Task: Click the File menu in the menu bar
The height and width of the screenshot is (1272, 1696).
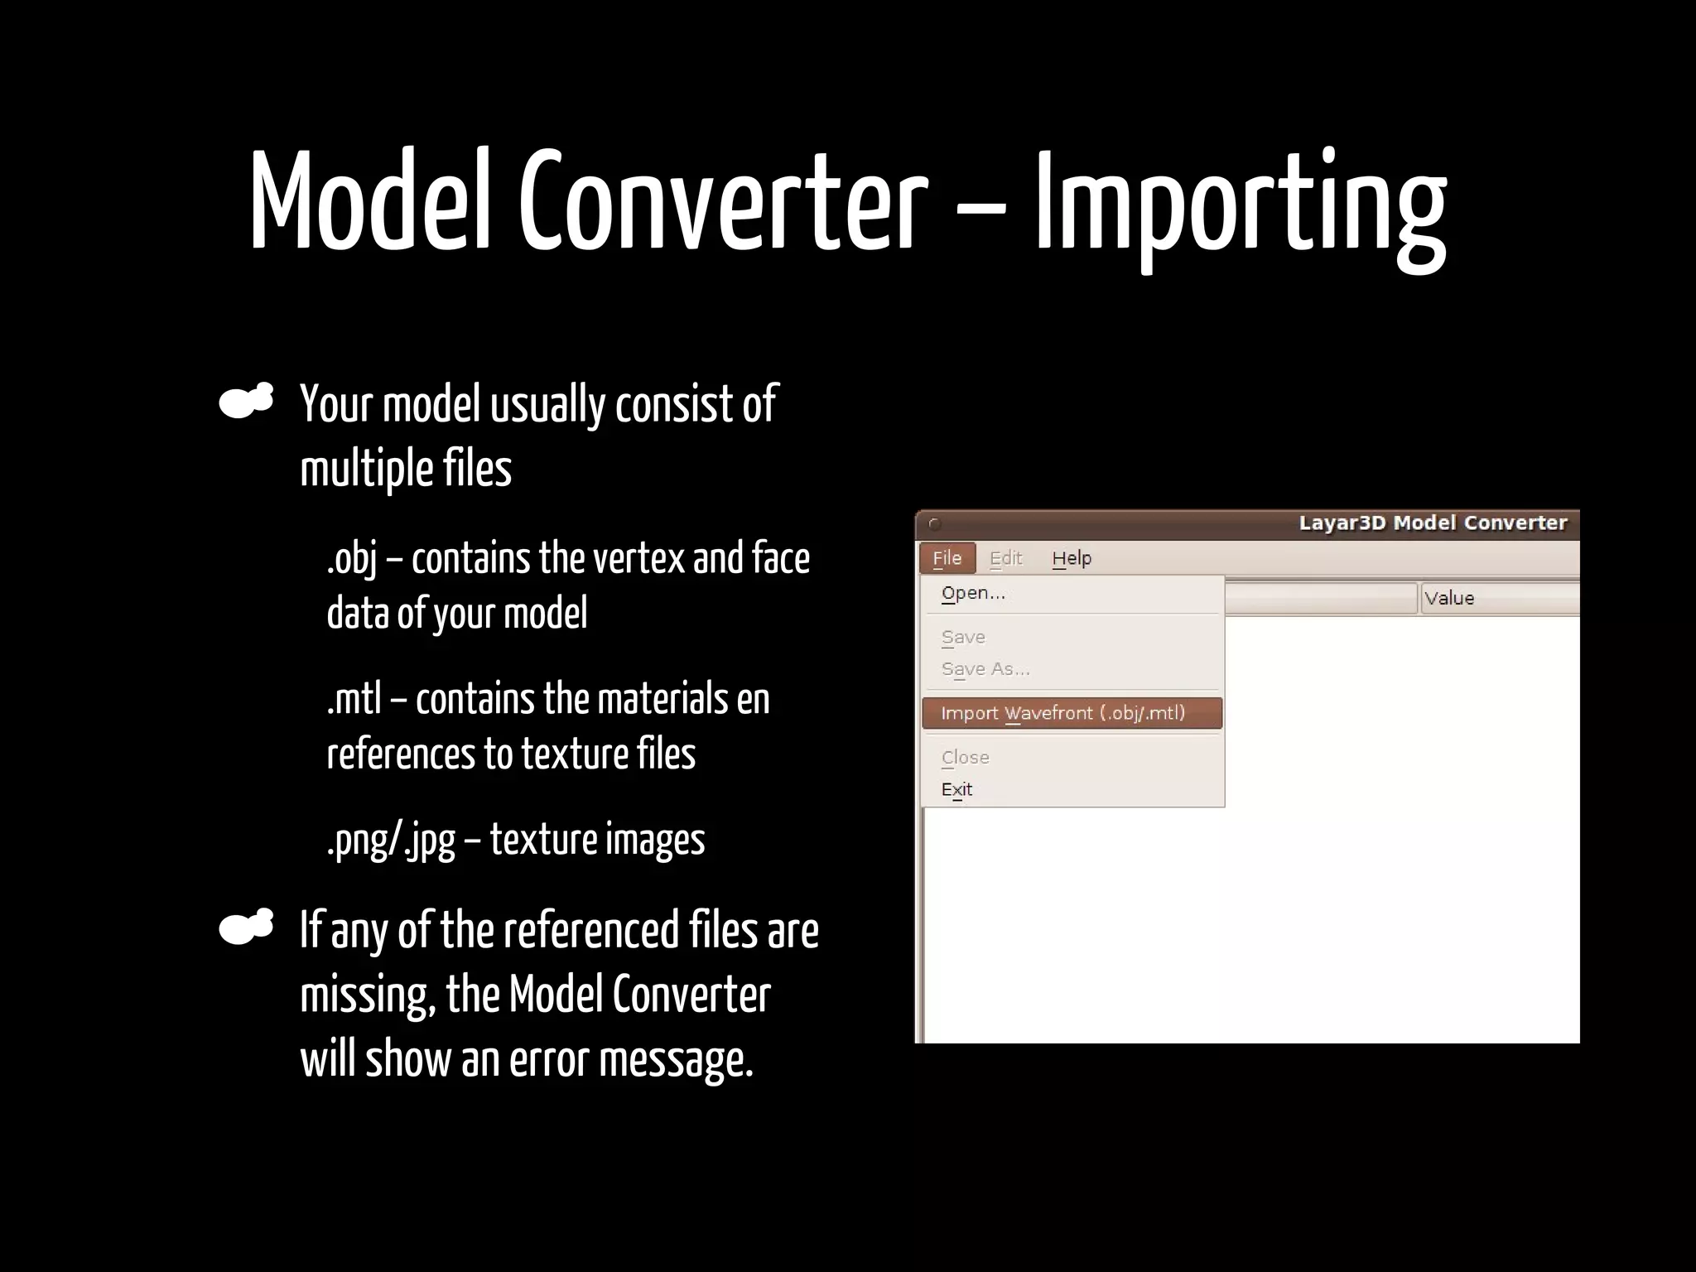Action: (947, 558)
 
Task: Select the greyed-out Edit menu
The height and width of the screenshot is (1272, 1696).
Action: (1006, 558)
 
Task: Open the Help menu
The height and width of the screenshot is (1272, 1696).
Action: (1072, 558)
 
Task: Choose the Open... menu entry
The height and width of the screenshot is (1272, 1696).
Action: (973, 594)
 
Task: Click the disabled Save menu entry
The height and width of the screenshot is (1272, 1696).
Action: (963, 638)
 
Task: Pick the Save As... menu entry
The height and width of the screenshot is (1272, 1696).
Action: (985, 669)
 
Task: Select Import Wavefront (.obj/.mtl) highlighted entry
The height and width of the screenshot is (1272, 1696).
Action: (1063, 714)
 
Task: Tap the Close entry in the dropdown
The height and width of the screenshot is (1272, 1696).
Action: (965, 758)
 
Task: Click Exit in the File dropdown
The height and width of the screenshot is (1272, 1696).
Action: (956, 789)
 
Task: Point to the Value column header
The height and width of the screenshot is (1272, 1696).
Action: (1449, 599)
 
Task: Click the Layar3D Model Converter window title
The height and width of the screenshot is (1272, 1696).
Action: (1433, 523)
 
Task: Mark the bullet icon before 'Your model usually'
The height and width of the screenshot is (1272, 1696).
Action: (246, 402)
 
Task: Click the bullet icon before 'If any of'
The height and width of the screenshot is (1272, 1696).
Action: (246, 927)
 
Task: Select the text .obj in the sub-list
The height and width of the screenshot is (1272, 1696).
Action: (351, 559)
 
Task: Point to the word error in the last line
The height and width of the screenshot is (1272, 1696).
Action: (548, 1060)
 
